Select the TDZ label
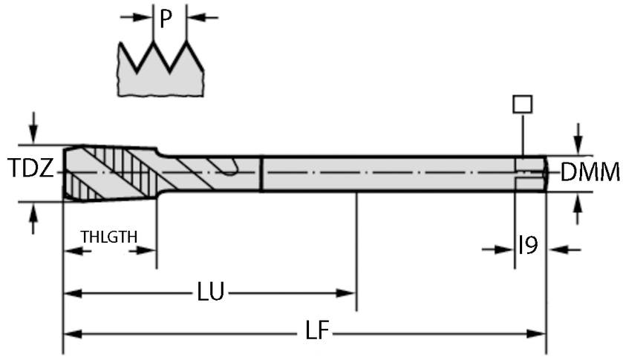point(30,171)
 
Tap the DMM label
point(590,173)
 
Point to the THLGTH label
point(109,237)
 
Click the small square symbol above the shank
point(523,103)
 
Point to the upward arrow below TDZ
point(33,219)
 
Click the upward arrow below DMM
point(578,209)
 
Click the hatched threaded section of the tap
point(111,171)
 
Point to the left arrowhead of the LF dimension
point(71,334)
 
